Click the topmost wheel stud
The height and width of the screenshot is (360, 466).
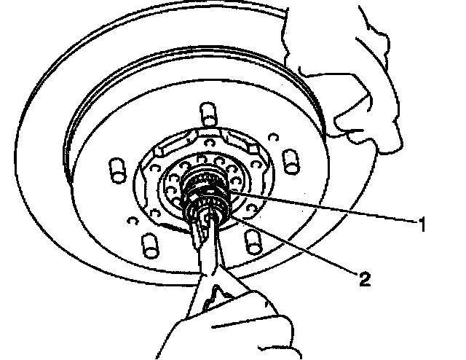[x=207, y=114]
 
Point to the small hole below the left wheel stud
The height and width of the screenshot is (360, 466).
[x=130, y=218]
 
